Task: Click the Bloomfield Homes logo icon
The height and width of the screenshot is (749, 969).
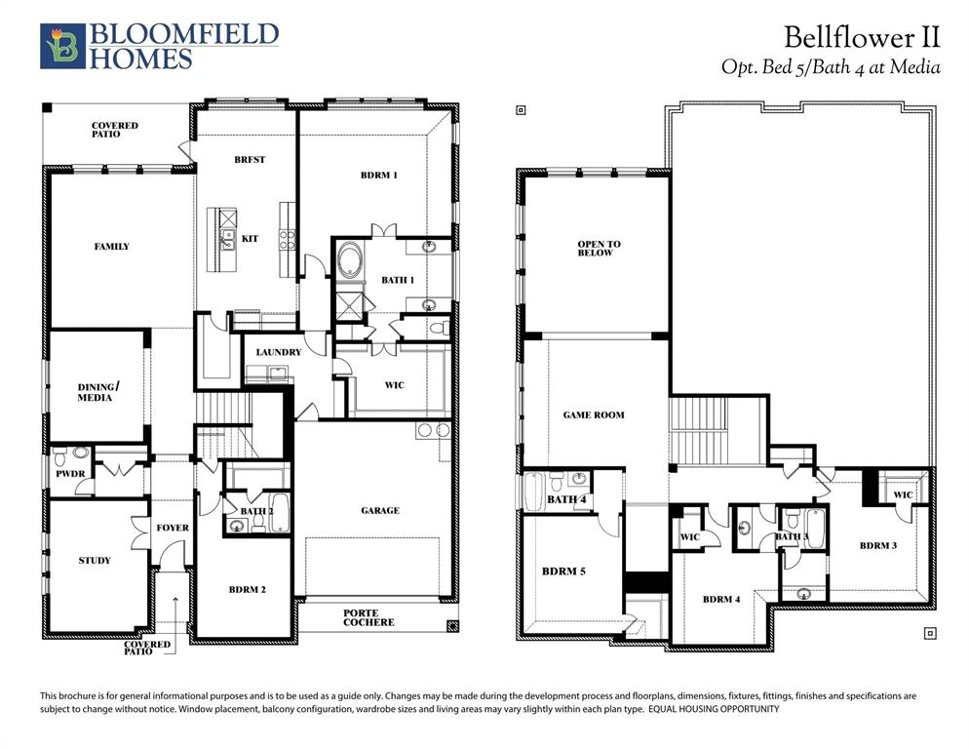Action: pos(60,45)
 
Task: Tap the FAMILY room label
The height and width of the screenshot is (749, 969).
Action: pos(111,247)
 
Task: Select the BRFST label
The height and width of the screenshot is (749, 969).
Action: pos(250,159)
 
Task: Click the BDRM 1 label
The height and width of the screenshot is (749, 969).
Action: pos(378,175)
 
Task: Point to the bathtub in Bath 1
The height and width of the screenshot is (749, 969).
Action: pos(349,263)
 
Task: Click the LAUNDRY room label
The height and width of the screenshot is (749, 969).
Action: pos(278,352)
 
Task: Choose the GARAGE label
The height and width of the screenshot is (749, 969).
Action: pos(379,510)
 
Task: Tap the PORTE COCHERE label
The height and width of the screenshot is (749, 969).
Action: pos(368,617)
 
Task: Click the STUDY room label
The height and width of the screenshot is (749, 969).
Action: pos(95,560)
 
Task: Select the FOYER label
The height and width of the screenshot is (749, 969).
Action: pos(173,528)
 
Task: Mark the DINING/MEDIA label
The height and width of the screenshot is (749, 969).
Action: pos(95,392)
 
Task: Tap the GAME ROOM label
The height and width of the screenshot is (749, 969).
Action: pos(594,414)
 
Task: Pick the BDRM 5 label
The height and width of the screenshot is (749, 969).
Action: pos(563,571)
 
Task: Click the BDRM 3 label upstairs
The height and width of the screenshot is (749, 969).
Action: pos(877,545)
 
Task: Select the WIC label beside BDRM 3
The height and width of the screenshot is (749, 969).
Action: pos(904,494)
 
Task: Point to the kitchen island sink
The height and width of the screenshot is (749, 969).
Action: pos(226,240)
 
